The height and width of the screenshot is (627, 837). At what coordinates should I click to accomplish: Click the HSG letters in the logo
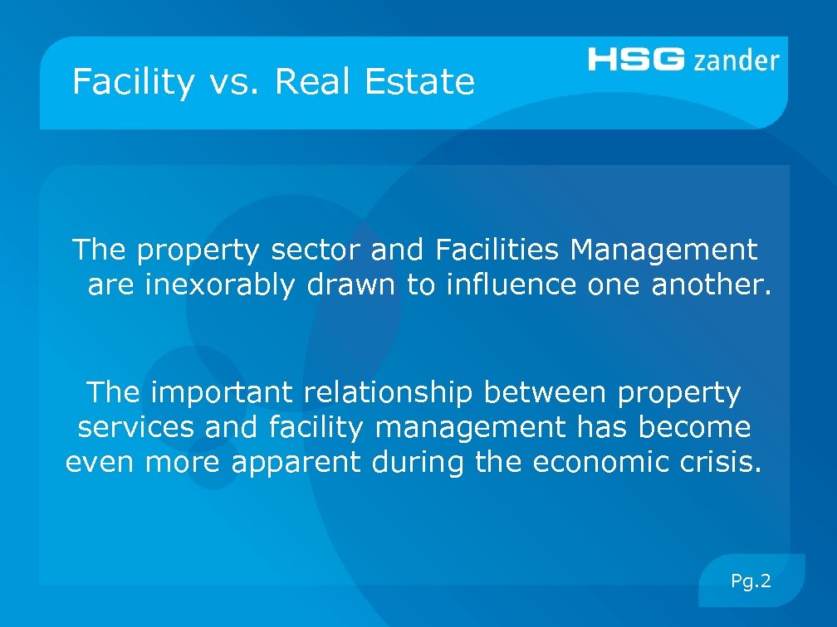pyautogui.click(x=637, y=60)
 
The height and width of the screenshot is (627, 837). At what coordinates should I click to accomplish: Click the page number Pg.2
pyautogui.click(x=751, y=581)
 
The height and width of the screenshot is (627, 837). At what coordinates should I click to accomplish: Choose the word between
pyautogui.click(x=545, y=391)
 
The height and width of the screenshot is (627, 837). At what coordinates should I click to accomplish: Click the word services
pyautogui.click(x=136, y=428)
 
